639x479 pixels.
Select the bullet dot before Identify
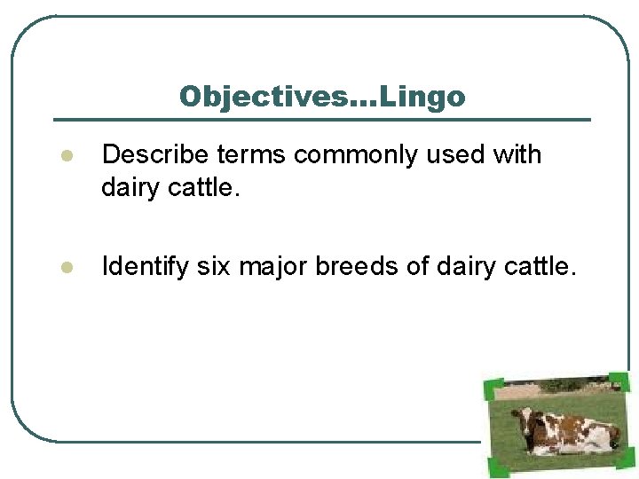64,267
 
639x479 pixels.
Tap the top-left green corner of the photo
493,388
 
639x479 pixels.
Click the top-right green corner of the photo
620,382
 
